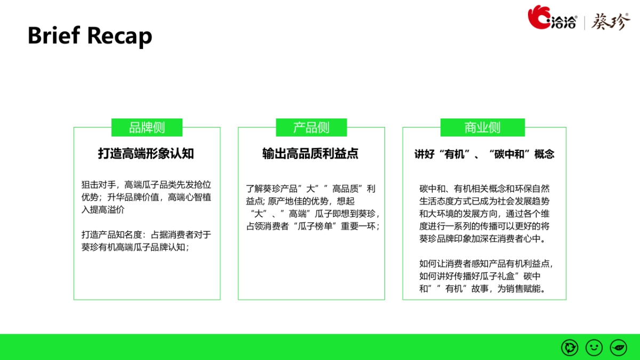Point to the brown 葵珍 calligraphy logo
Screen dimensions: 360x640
611,21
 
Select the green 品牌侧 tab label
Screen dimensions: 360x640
147,127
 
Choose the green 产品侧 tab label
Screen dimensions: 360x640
311,127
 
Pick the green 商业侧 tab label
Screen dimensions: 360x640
482,127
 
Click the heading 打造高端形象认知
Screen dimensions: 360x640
146,154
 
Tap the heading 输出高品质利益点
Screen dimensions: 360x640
310,154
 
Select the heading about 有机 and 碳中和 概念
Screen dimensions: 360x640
484,154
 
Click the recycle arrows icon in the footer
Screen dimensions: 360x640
570,348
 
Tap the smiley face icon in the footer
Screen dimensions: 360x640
594,348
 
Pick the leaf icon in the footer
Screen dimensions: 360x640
619,348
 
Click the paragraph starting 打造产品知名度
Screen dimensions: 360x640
147,241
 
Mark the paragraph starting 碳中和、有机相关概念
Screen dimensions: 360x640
484,213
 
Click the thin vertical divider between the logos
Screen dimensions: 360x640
584,22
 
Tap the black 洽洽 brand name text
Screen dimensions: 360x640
564,22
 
